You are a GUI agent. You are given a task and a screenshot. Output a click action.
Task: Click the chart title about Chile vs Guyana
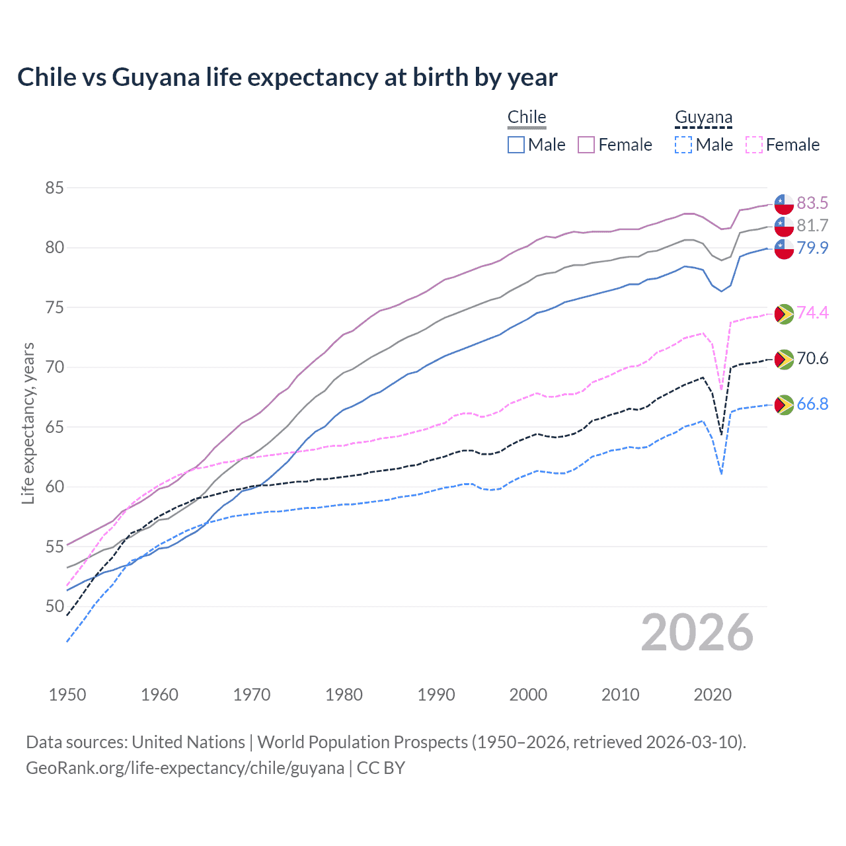point(287,77)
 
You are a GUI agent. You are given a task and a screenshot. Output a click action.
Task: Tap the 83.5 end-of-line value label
point(812,203)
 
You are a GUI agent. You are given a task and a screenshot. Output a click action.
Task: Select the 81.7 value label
point(812,225)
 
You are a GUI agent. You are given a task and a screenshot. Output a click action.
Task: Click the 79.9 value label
point(812,248)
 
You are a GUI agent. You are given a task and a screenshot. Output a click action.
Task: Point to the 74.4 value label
point(812,313)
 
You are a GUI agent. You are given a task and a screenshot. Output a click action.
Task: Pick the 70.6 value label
point(812,358)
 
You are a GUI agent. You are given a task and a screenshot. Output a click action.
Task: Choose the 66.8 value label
point(812,404)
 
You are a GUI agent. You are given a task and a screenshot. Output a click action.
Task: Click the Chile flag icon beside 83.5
point(784,204)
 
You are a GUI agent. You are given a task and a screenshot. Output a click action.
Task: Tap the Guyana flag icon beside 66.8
point(784,404)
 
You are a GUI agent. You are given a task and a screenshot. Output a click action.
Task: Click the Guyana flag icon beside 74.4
point(784,313)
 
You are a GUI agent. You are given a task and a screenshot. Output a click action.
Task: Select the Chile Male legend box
point(516,145)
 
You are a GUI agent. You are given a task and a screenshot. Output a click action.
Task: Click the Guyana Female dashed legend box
point(754,145)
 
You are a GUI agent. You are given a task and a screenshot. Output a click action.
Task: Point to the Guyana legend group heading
point(703,118)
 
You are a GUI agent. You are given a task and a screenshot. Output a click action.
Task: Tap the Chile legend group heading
point(527,117)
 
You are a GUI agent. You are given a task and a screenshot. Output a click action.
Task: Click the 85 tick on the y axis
point(54,188)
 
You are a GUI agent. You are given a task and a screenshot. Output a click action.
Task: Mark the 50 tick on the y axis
point(54,606)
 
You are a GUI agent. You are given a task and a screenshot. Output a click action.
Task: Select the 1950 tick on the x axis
point(67,695)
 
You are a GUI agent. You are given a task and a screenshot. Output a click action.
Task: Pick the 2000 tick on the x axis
point(528,695)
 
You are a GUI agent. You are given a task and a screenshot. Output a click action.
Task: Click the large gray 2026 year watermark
point(697,633)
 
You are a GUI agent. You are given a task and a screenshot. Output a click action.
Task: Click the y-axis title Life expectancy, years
point(28,423)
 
